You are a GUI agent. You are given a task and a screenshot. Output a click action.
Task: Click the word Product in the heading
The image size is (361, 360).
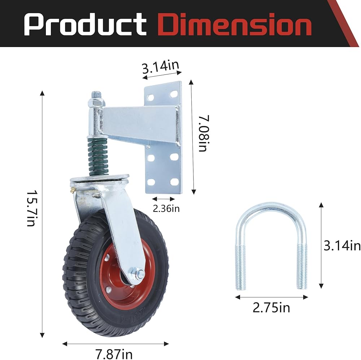pos(85,24)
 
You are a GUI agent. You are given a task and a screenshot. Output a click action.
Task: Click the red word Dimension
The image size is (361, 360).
pos(235,24)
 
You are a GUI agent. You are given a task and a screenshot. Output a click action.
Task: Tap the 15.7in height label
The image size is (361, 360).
pos(31,208)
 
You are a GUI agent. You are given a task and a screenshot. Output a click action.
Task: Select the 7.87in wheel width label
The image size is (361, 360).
pos(114,354)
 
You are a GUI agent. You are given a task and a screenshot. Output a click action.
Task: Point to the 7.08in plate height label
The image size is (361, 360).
pos(204,133)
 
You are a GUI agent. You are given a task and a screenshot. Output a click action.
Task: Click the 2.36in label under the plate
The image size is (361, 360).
pos(166,209)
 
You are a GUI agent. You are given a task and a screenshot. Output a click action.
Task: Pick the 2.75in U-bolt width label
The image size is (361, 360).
pos(271,308)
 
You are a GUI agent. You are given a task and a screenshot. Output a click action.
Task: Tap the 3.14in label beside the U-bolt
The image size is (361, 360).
pos(342,245)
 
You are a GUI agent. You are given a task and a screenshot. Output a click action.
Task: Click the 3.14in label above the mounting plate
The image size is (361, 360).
pos(161,67)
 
